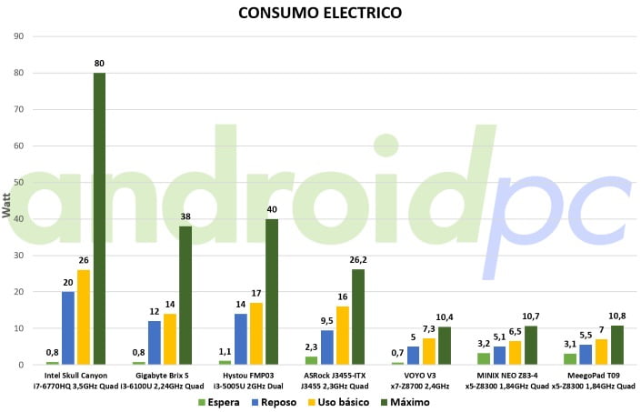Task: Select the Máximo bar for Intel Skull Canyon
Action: point(99,218)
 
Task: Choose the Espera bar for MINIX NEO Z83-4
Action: point(484,359)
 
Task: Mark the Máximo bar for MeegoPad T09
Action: point(617,346)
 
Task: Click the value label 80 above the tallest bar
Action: point(99,64)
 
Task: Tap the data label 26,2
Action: point(358,260)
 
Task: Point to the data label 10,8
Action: point(617,317)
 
